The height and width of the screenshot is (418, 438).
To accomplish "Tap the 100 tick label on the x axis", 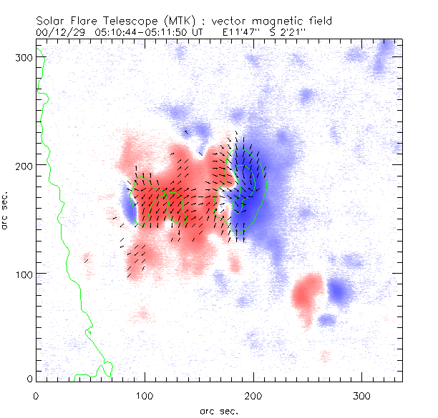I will click(145, 395).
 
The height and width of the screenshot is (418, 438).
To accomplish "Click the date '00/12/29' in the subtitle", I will click(58, 33).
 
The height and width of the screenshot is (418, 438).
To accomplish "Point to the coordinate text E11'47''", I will click(243, 33).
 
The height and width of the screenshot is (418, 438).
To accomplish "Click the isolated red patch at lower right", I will click(308, 293).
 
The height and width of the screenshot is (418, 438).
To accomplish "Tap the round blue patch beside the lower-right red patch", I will click(340, 290).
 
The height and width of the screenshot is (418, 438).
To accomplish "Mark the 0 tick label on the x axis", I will click(36, 395).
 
